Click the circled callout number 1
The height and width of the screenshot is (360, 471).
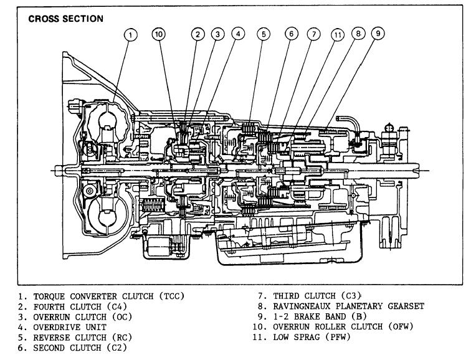tap(130, 35)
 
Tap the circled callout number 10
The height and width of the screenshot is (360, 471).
tap(159, 35)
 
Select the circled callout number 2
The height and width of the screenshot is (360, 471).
tap(196, 35)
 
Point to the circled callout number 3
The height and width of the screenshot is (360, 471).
tap(217, 35)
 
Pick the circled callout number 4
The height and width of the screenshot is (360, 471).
tap(238, 35)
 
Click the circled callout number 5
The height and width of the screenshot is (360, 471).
tap(264, 35)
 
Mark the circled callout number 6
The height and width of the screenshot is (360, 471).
tap(292, 35)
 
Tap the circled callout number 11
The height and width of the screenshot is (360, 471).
tap(337, 35)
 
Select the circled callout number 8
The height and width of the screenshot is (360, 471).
tap(358, 35)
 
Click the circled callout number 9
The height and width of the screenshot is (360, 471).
tap(378, 35)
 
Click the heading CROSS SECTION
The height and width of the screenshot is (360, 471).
tap(66, 19)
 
